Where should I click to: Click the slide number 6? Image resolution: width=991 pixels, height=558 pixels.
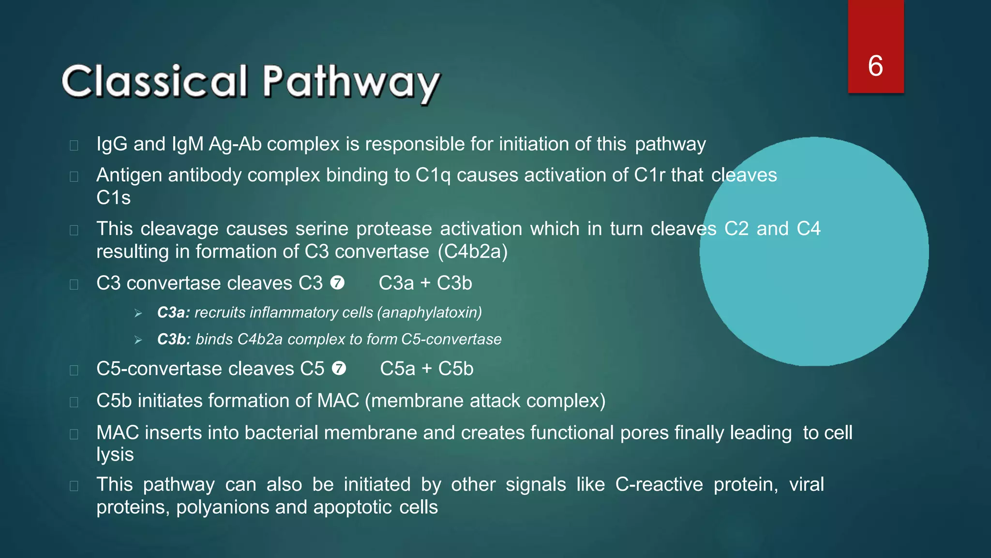tap(875, 66)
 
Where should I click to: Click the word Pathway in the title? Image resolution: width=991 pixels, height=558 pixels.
tap(351, 82)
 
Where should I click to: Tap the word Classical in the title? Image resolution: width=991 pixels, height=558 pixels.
tap(154, 81)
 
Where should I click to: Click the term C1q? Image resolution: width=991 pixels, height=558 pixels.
tap(433, 175)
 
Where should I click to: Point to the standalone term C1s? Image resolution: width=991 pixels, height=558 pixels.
tap(113, 198)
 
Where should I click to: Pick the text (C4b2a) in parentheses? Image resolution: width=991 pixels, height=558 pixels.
tap(473, 252)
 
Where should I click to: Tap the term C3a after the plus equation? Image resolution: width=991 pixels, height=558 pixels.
tap(396, 283)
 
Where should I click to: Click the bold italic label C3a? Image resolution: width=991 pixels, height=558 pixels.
tap(173, 313)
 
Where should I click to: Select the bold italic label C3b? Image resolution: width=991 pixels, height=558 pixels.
tap(174, 340)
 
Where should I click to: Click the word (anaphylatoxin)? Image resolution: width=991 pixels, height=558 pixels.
tap(432, 313)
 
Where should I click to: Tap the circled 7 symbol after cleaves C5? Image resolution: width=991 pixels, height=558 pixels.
tap(339, 369)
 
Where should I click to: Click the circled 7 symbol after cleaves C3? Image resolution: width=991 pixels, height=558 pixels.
tap(337, 283)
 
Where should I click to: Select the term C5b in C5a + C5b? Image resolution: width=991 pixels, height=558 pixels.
tap(455, 369)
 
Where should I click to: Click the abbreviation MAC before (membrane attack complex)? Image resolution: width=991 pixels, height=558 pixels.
tap(338, 401)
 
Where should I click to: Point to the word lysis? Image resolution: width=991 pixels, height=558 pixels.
tap(115, 455)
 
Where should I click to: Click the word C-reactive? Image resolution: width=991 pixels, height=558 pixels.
tap(659, 485)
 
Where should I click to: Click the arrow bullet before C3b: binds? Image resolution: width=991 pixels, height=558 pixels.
tap(138, 340)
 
